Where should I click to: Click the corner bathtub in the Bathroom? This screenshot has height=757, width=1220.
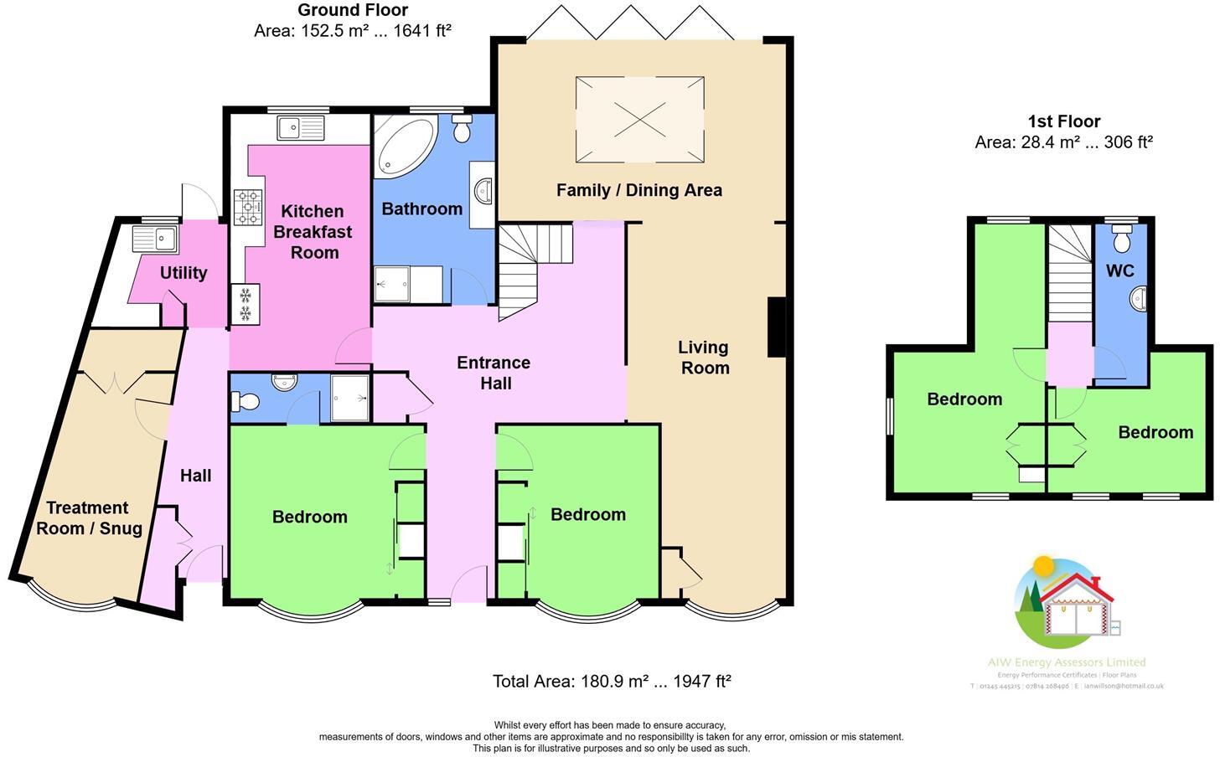coord(404,147)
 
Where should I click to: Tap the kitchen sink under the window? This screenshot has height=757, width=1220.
coord(300,128)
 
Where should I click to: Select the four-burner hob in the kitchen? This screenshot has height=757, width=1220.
coord(248,207)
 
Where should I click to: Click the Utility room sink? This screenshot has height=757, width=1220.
coord(154,237)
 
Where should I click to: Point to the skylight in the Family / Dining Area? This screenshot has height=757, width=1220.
coord(639,119)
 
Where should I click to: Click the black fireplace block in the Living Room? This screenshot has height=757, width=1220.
coord(777,327)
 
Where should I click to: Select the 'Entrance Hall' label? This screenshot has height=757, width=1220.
coord(494,373)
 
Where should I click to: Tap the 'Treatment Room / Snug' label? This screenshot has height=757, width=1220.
coord(88,518)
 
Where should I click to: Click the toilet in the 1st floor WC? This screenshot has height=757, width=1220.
coord(1122,239)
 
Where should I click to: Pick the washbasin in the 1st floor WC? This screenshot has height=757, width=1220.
coord(1138,298)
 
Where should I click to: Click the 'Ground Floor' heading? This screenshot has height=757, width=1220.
coord(353,10)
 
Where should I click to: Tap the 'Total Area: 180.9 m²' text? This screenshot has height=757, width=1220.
coord(612,681)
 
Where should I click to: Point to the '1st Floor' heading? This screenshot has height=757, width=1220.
coord(1063,121)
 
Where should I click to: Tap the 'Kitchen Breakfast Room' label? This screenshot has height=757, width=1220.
coord(313,232)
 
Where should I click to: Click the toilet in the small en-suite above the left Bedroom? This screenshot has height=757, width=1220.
coord(248,403)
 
